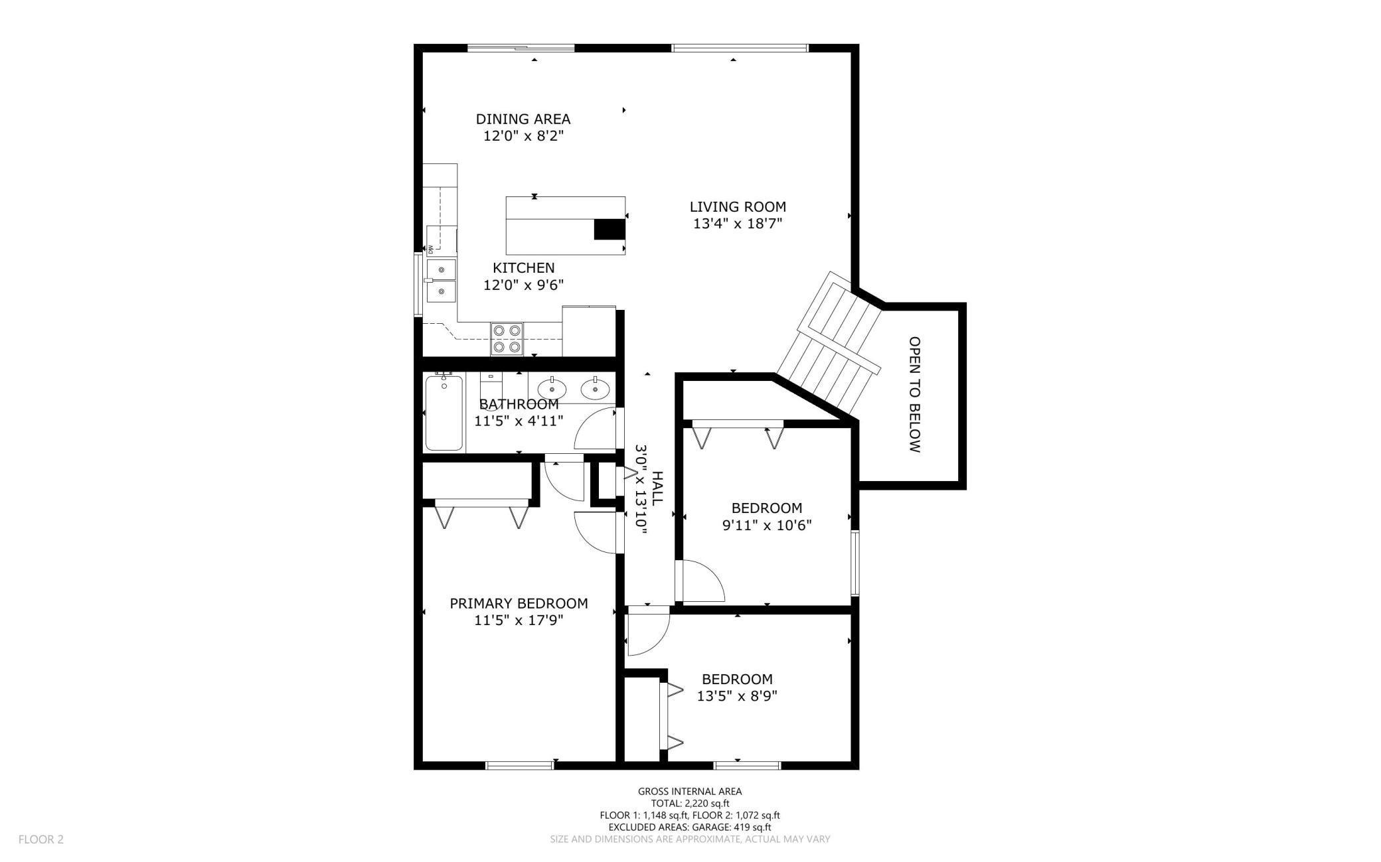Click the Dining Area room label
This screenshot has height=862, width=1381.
[x=523, y=119]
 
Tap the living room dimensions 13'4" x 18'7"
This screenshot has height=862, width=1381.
[x=738, y=224]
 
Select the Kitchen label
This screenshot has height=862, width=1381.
[x=523, y=268]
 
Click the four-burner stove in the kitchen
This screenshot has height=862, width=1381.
[x=507, y=338]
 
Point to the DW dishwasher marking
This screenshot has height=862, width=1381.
[x=430, y=250]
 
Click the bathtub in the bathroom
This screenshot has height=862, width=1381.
[x=444, y=412]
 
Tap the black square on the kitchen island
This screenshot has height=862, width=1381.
[x=609, y=229]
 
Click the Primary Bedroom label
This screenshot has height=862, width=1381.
[x=519, y=604]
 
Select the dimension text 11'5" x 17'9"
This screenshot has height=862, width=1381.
[x=519, y=620]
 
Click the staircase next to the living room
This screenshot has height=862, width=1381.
[x=830, y=344]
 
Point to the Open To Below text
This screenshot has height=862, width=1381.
[x=914, y=395]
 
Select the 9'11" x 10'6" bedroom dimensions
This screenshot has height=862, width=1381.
[x=767, y=526]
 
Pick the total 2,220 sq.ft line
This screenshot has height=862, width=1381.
[x=690, y=803]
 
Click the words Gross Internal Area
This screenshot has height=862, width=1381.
[x=690, y=791]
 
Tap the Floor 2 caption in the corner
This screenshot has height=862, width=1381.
[x=41, y=839]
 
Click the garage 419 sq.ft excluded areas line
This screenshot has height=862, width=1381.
[x=690, y=827]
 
